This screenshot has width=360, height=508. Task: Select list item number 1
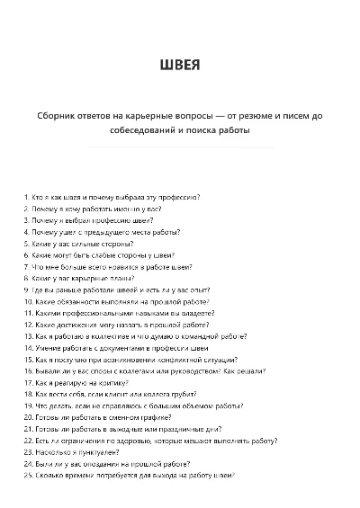[x=112, y=196]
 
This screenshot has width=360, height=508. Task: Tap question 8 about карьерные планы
[x=86, y=278]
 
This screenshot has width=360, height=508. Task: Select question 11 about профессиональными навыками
[x=112, y=313]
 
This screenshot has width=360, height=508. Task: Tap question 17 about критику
[x=80, y=382]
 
